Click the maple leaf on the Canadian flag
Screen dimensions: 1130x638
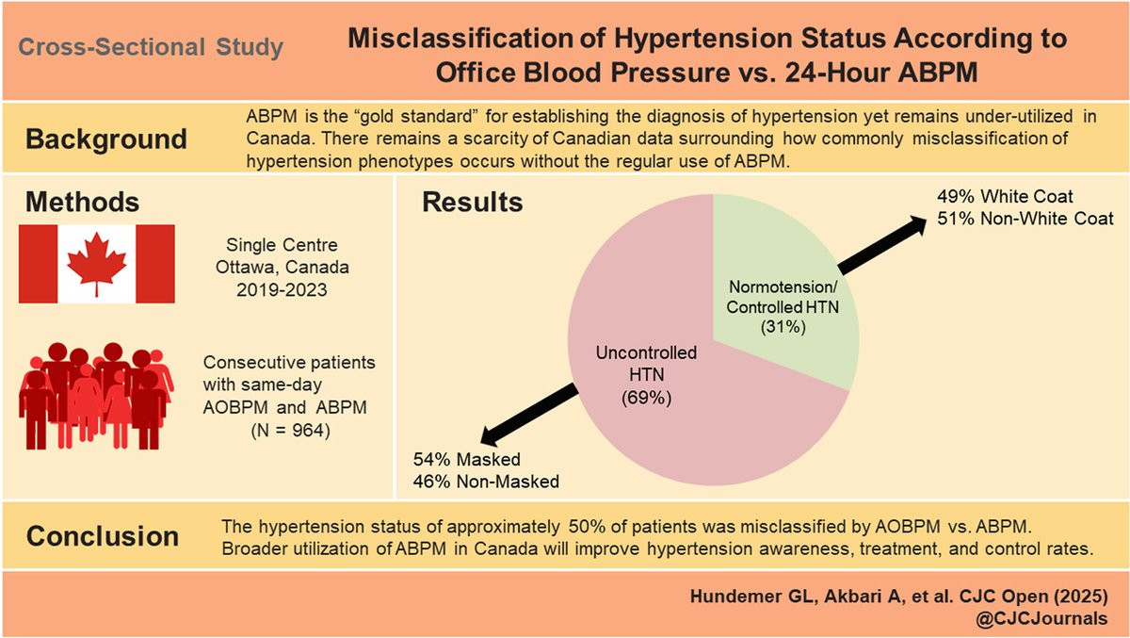pyautogui.click(x=97, y=264)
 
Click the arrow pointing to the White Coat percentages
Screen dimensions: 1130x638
pyautogui.click(x=882, y=245)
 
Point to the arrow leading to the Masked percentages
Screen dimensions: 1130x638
pyautogui.click(x=528, y=415)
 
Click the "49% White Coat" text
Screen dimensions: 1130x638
pyautogui.click(x=1005, y=196)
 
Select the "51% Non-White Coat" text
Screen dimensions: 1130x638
pyautogui.click(x=1025, y=219)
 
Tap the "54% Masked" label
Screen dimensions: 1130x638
pyautogui.click(x=467, y=459)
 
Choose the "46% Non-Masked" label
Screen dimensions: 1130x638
pyautogui.click(x=486, y=482)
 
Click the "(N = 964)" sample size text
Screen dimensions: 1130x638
pyautogui.click(x=291, y=430)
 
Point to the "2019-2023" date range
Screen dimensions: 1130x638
pyautogui.click(x=282, y=289)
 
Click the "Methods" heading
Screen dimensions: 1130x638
pyautogui.click(x=82, y=202)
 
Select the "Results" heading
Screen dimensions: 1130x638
pyautogui.click(x=472, y=202)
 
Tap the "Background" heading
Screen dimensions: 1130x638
pyautogui.click(x=106, y=139)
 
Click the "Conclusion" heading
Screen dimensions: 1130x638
pyautogui.click(x=103, y=536)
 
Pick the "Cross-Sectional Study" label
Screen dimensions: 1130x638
pyautogui.click(x=151, y=47)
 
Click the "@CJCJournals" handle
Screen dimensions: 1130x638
pyautogui.click(x=1041, y=618)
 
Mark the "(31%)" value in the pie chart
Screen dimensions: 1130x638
pyautogui.click(x=783, y=327)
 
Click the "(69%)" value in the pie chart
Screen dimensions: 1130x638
pyautogui.click(x=646, y=399)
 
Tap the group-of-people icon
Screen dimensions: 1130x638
pyautogui.click(x=96, y=396)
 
